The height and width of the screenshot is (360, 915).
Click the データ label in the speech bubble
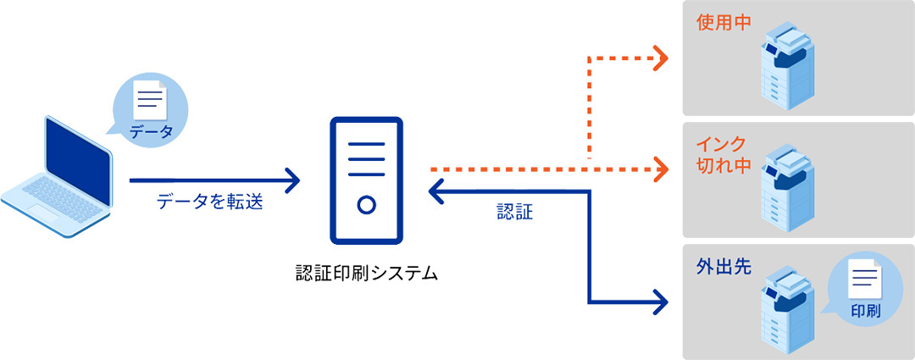pos(151,131)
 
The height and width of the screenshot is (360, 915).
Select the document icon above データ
pos(151,99)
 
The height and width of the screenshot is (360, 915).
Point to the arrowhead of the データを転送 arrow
pos(294,180)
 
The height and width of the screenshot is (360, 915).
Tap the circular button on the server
pos(366,205)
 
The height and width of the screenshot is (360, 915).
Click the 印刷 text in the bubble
pos(865,311)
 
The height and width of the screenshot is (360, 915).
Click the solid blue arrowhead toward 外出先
pos(660,301)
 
